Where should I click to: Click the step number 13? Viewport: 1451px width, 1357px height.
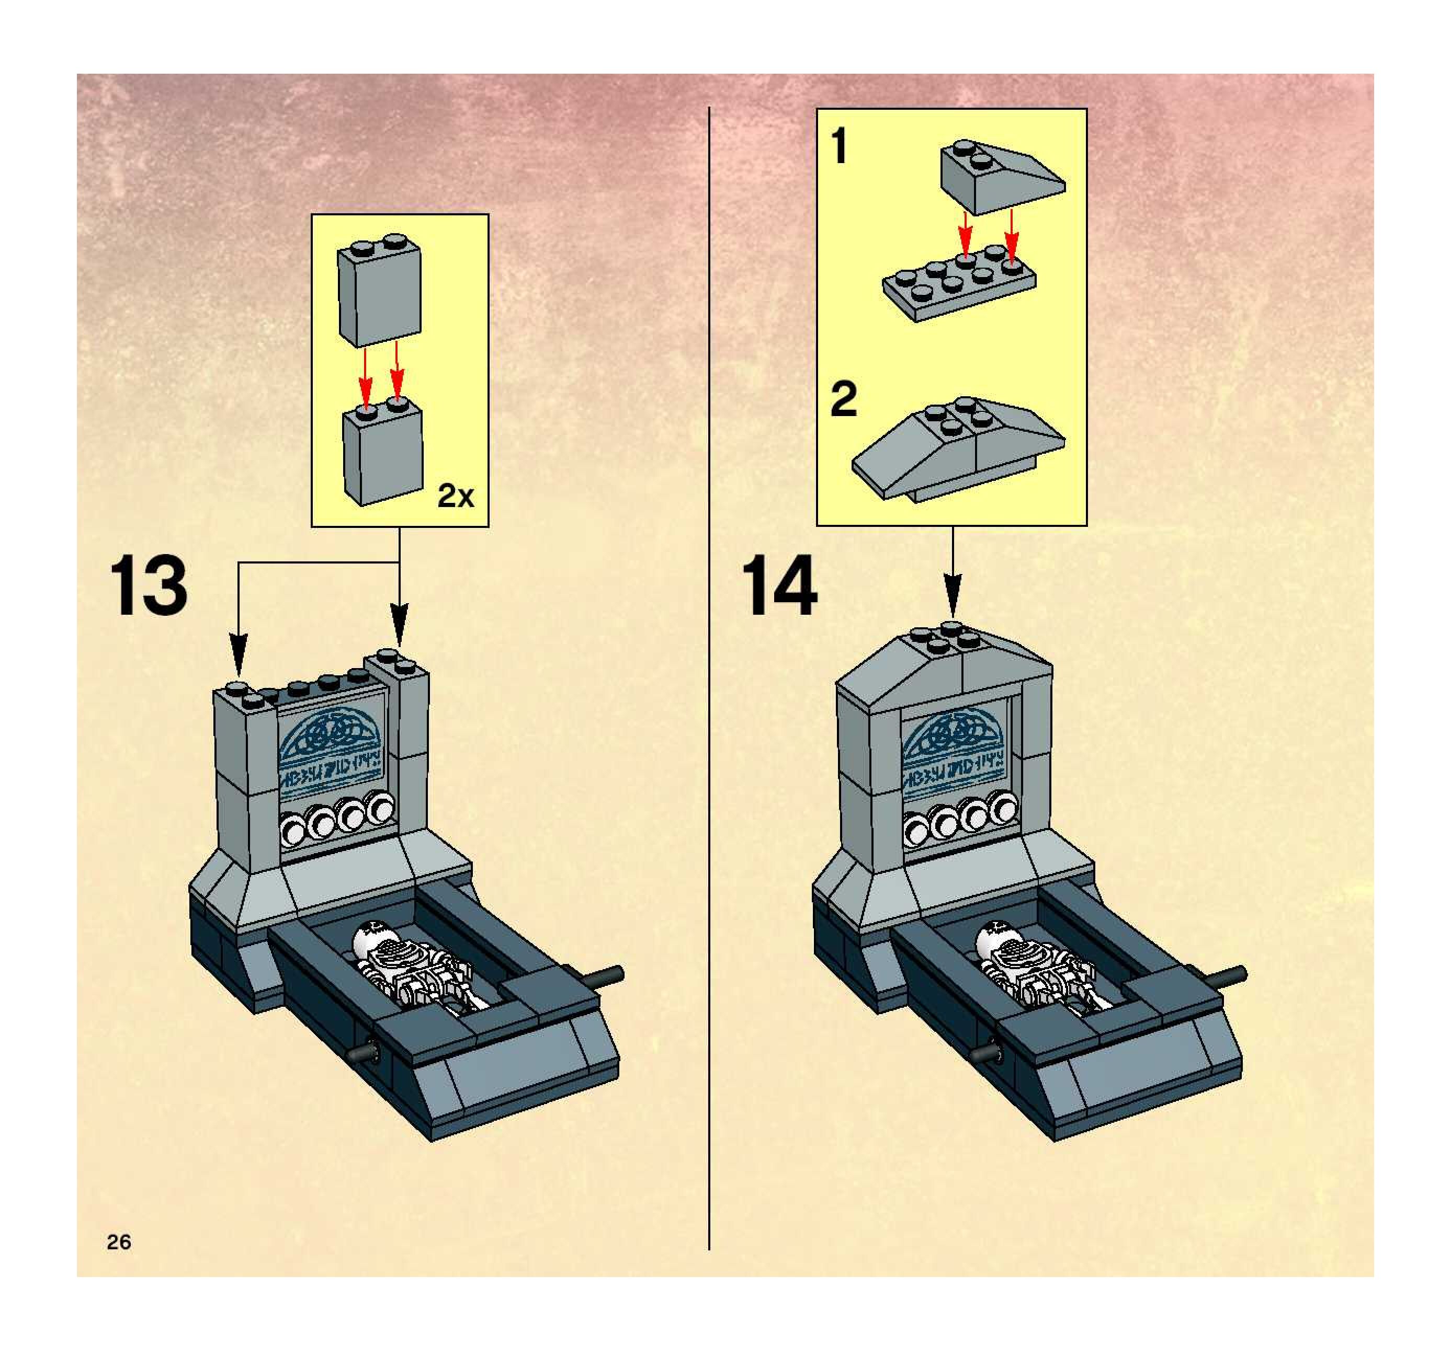coord(148,586)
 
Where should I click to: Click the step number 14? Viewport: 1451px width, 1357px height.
coord(779,586)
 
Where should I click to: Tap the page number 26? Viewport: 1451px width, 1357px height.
coord(119,1241)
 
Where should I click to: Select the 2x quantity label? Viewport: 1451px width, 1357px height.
coord(456,497)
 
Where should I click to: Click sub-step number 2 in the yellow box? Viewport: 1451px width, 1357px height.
coord(844,400)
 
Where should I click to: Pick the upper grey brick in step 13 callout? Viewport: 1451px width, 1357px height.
coord(379,292)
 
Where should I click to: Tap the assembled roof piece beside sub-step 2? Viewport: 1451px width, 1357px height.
coord(958,448)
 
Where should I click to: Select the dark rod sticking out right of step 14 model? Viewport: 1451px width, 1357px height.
coord(1226,975)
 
